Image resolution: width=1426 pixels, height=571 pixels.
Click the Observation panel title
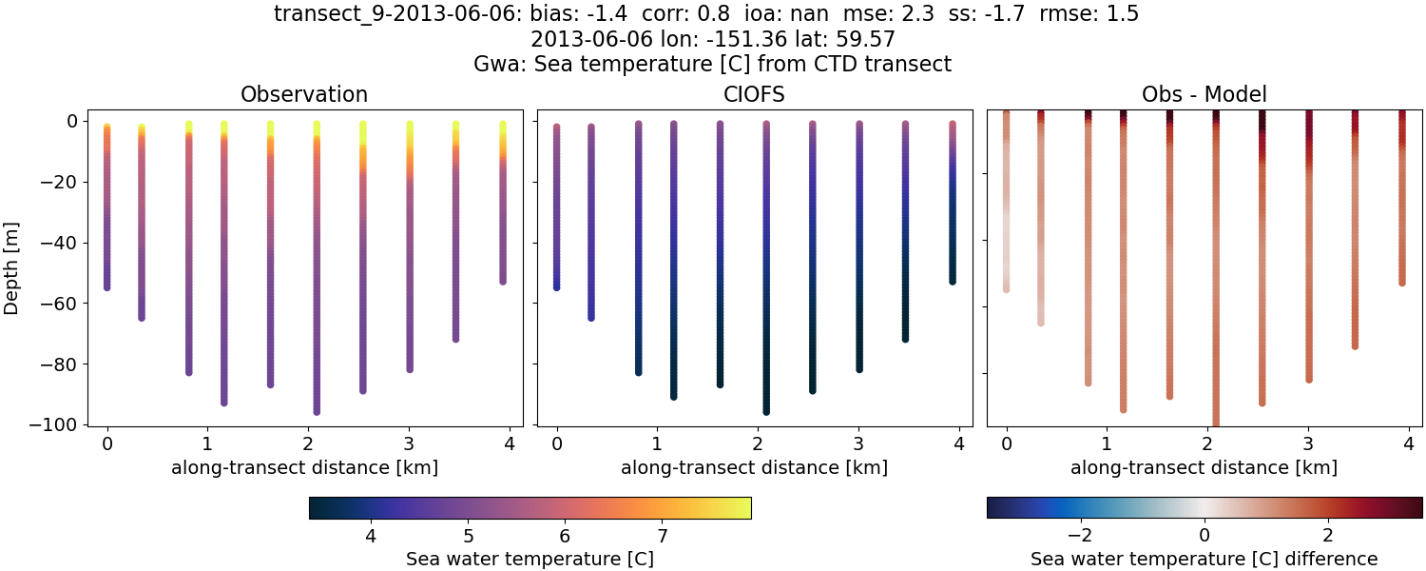pyautogui.click(x=304, y=94)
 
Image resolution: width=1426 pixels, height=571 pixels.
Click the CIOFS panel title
pyautogui.click(x=755, y=94)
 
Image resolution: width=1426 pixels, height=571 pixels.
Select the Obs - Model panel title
pyautogui.click(x=1204, y=94)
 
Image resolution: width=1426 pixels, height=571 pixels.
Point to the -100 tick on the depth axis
pyautogui.click(x=58, y=424)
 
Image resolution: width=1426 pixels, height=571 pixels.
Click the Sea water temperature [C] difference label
pyautogui.click(x=1204, y=559)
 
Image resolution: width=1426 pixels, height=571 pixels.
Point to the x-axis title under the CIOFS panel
pyautogui.click(x=755, y=467)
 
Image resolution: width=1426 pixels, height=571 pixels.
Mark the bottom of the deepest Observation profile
pyautogui.click(x=317, y=411)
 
